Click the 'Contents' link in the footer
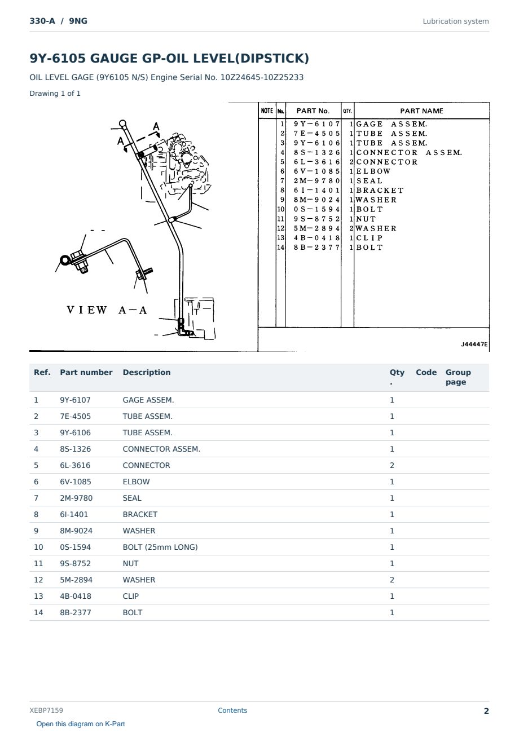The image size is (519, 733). click(232, 710)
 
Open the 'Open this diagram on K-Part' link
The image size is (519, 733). click(81, 723)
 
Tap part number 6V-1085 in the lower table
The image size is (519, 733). click(75, 482)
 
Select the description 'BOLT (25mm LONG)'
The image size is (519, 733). click(160, 547)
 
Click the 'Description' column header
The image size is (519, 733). click(146, 372)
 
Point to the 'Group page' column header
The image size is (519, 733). click(458, 377)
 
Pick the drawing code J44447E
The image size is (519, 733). click(474, 345)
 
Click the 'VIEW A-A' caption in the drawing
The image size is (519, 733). click(107, 310)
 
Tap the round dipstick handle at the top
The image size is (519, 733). click(122, 123)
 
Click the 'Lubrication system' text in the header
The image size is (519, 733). click(455, 21)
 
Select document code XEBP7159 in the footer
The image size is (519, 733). click(46, 710)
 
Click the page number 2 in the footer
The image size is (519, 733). click(486, 711)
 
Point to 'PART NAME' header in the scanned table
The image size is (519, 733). click(421, 111)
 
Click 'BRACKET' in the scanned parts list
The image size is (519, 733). click(380, 191)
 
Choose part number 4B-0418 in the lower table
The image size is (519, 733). click(76, 596)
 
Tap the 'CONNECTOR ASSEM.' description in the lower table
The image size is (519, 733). click(161, 449)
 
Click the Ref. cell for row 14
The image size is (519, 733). click(38, 612)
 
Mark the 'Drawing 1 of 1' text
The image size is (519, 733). click(55, 93)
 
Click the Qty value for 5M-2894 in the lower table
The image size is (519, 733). click(392, 580)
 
